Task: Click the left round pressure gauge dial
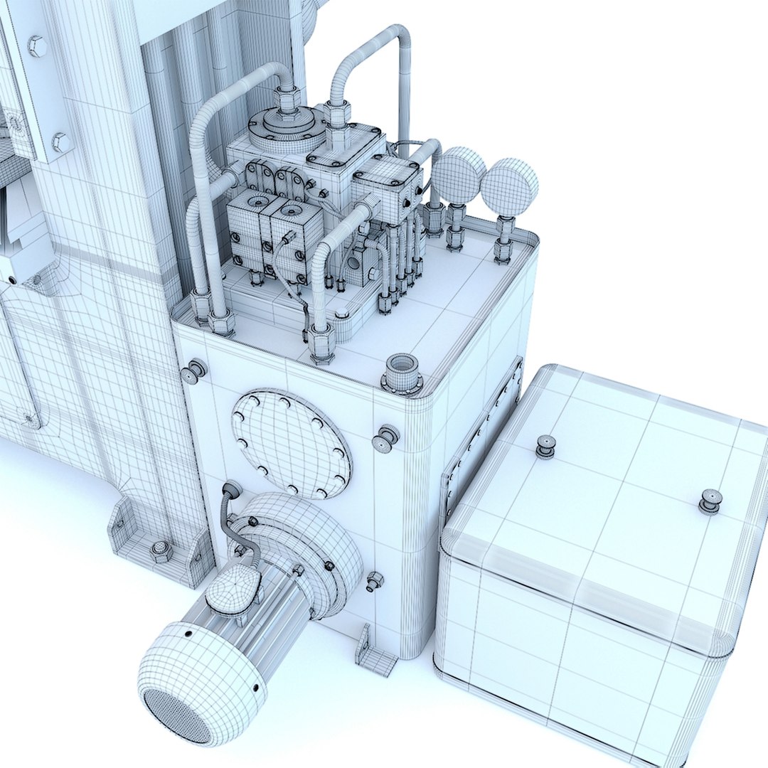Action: coord(458,176)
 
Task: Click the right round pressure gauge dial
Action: coord(509,187)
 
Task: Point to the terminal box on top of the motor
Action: coord(233,590)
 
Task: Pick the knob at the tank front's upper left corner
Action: coord(193,371)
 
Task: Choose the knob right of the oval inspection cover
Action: coord(386,438)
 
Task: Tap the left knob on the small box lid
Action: coord(545,446)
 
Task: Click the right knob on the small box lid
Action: coord(710,501)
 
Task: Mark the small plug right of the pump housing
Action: coord(374,581)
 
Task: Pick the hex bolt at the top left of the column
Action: coord(37,47)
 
